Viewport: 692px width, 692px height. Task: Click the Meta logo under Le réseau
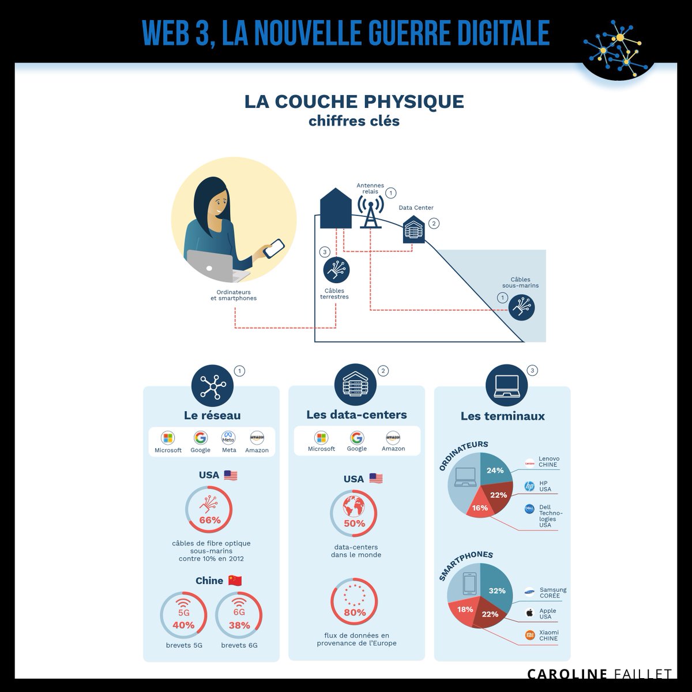point(228,438)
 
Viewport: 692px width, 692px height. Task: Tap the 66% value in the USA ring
point(210,520)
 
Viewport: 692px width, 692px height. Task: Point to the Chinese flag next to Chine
point(235,581)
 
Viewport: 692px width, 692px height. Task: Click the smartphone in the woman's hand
point(274,249)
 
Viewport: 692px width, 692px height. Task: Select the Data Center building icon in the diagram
point(413,230)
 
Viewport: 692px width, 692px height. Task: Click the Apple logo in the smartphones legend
point(530,613)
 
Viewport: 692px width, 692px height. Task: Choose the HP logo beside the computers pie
point(529,486)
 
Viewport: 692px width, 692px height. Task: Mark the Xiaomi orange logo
point(530,635)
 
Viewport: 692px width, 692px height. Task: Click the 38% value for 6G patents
point(239,626)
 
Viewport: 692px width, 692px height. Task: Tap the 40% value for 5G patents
point(183,625)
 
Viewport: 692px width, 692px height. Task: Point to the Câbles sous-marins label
point(520,282)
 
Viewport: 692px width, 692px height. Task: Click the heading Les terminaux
point(502,416)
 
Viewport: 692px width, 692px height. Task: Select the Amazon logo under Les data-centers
point(393,438)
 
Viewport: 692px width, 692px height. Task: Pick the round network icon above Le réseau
point(213,386)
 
